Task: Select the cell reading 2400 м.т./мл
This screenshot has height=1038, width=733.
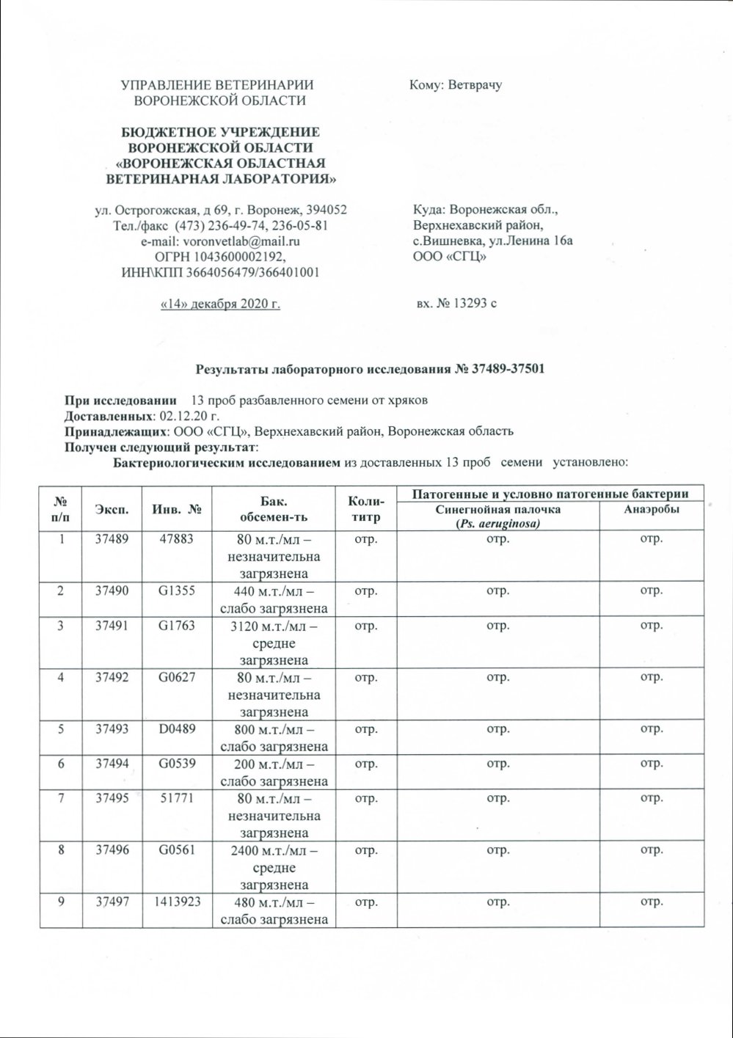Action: [271, 851]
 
